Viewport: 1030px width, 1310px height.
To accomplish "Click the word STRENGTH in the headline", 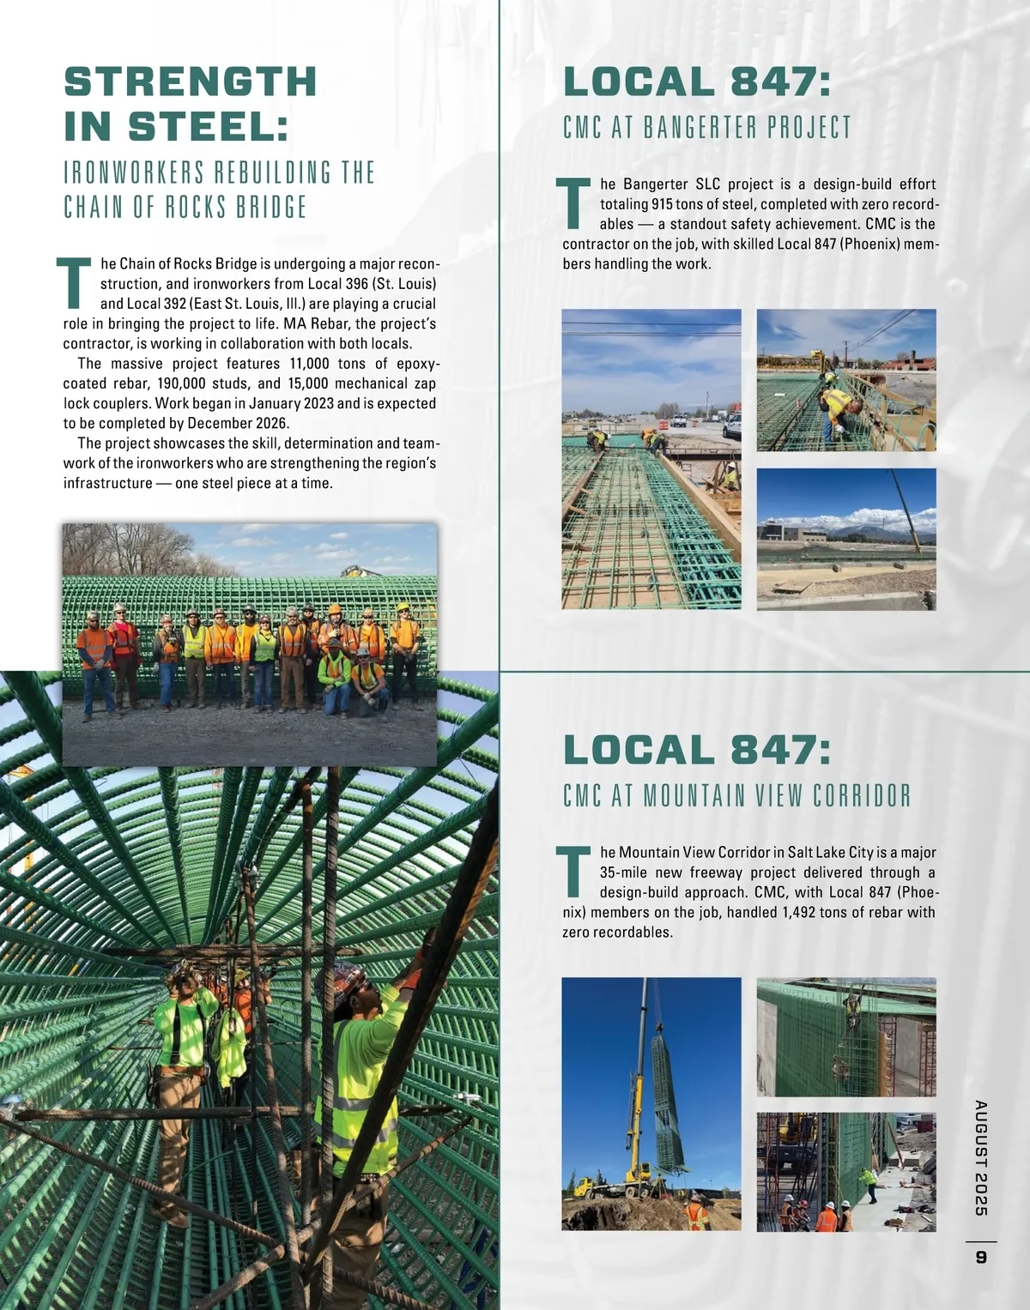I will pyautogui.click(x=191, y=82).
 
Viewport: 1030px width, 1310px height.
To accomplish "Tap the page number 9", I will pyautogui.click(x=980, y=1258).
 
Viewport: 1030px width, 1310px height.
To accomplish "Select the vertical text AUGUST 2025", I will pyautogui.click(x=980, y=1157).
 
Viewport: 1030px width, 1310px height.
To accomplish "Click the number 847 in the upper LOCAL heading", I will pyautogui.click(x=779, y=82).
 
